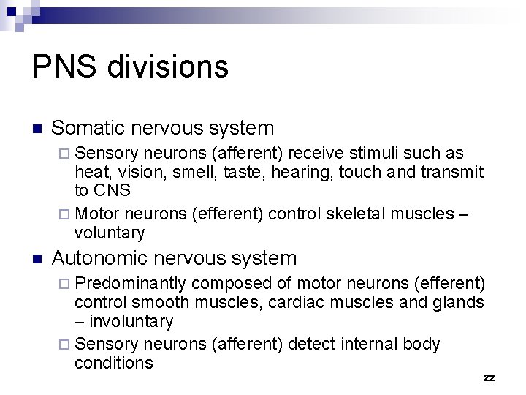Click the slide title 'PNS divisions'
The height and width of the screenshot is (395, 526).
click(131, 67)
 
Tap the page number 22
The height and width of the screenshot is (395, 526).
click(489, 377)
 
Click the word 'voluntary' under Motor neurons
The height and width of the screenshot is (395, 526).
click(110, 233)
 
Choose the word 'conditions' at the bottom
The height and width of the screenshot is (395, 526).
click(113, 363)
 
